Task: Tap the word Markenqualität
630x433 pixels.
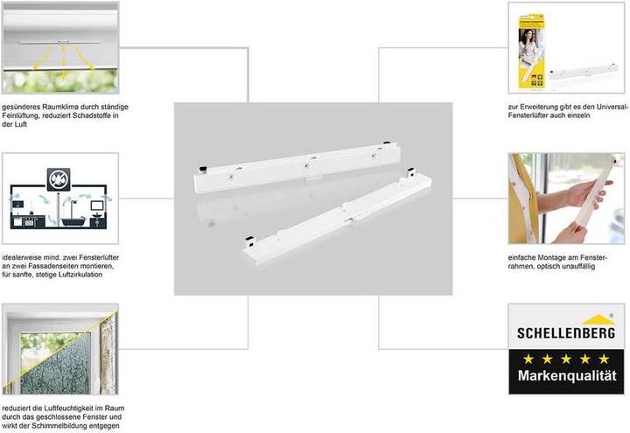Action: (x=567, y=384)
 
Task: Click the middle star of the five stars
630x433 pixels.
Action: (x=566, y=359)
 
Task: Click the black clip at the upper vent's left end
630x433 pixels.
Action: (x=200, y=166)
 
